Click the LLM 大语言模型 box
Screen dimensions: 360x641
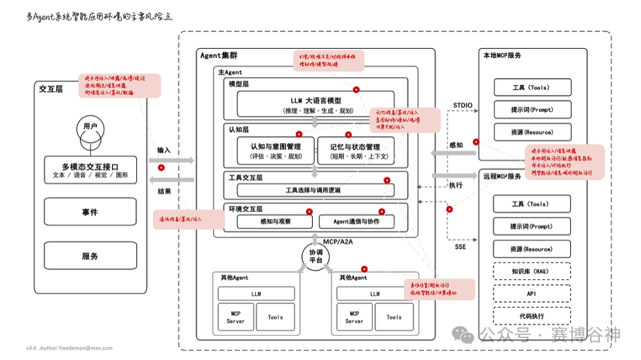click(x=316, y=105)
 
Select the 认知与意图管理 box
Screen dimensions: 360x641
click(x=275, y=151)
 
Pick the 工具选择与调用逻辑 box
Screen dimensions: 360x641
click(x=316, y=190)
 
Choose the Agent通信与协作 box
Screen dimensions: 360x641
click(x=356, y=222)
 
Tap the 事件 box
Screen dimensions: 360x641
click(x=90, y=212)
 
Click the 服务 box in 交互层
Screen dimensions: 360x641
click(x=90, y=256)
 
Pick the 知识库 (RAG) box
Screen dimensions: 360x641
click(x=532, y=271)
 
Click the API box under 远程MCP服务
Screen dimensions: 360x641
click(x=532, y=293)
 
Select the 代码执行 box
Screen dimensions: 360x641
click(x=532, y=316)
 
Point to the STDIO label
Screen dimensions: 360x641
click(x=462, y=105)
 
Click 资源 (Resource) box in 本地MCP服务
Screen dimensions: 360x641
click(x=532, y=133)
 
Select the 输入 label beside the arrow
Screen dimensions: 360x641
click(x=164, y=150)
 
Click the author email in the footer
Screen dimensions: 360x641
click(x=86, y=348)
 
